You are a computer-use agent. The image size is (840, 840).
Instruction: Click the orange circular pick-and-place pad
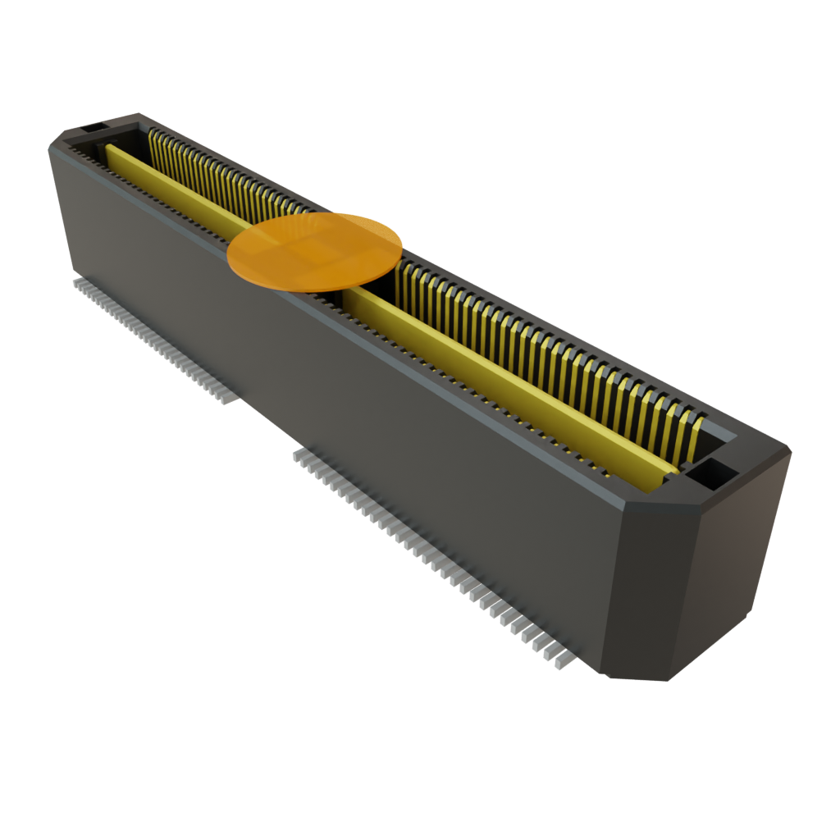pos(315,251)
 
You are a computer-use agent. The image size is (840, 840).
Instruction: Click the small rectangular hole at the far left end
pos(92,127)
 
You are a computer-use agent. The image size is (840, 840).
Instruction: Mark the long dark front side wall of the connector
pos(345,394)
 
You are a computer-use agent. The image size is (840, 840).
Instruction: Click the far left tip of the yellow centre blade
pos(110,149)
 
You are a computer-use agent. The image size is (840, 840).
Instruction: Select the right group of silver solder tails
pos(427,550)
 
